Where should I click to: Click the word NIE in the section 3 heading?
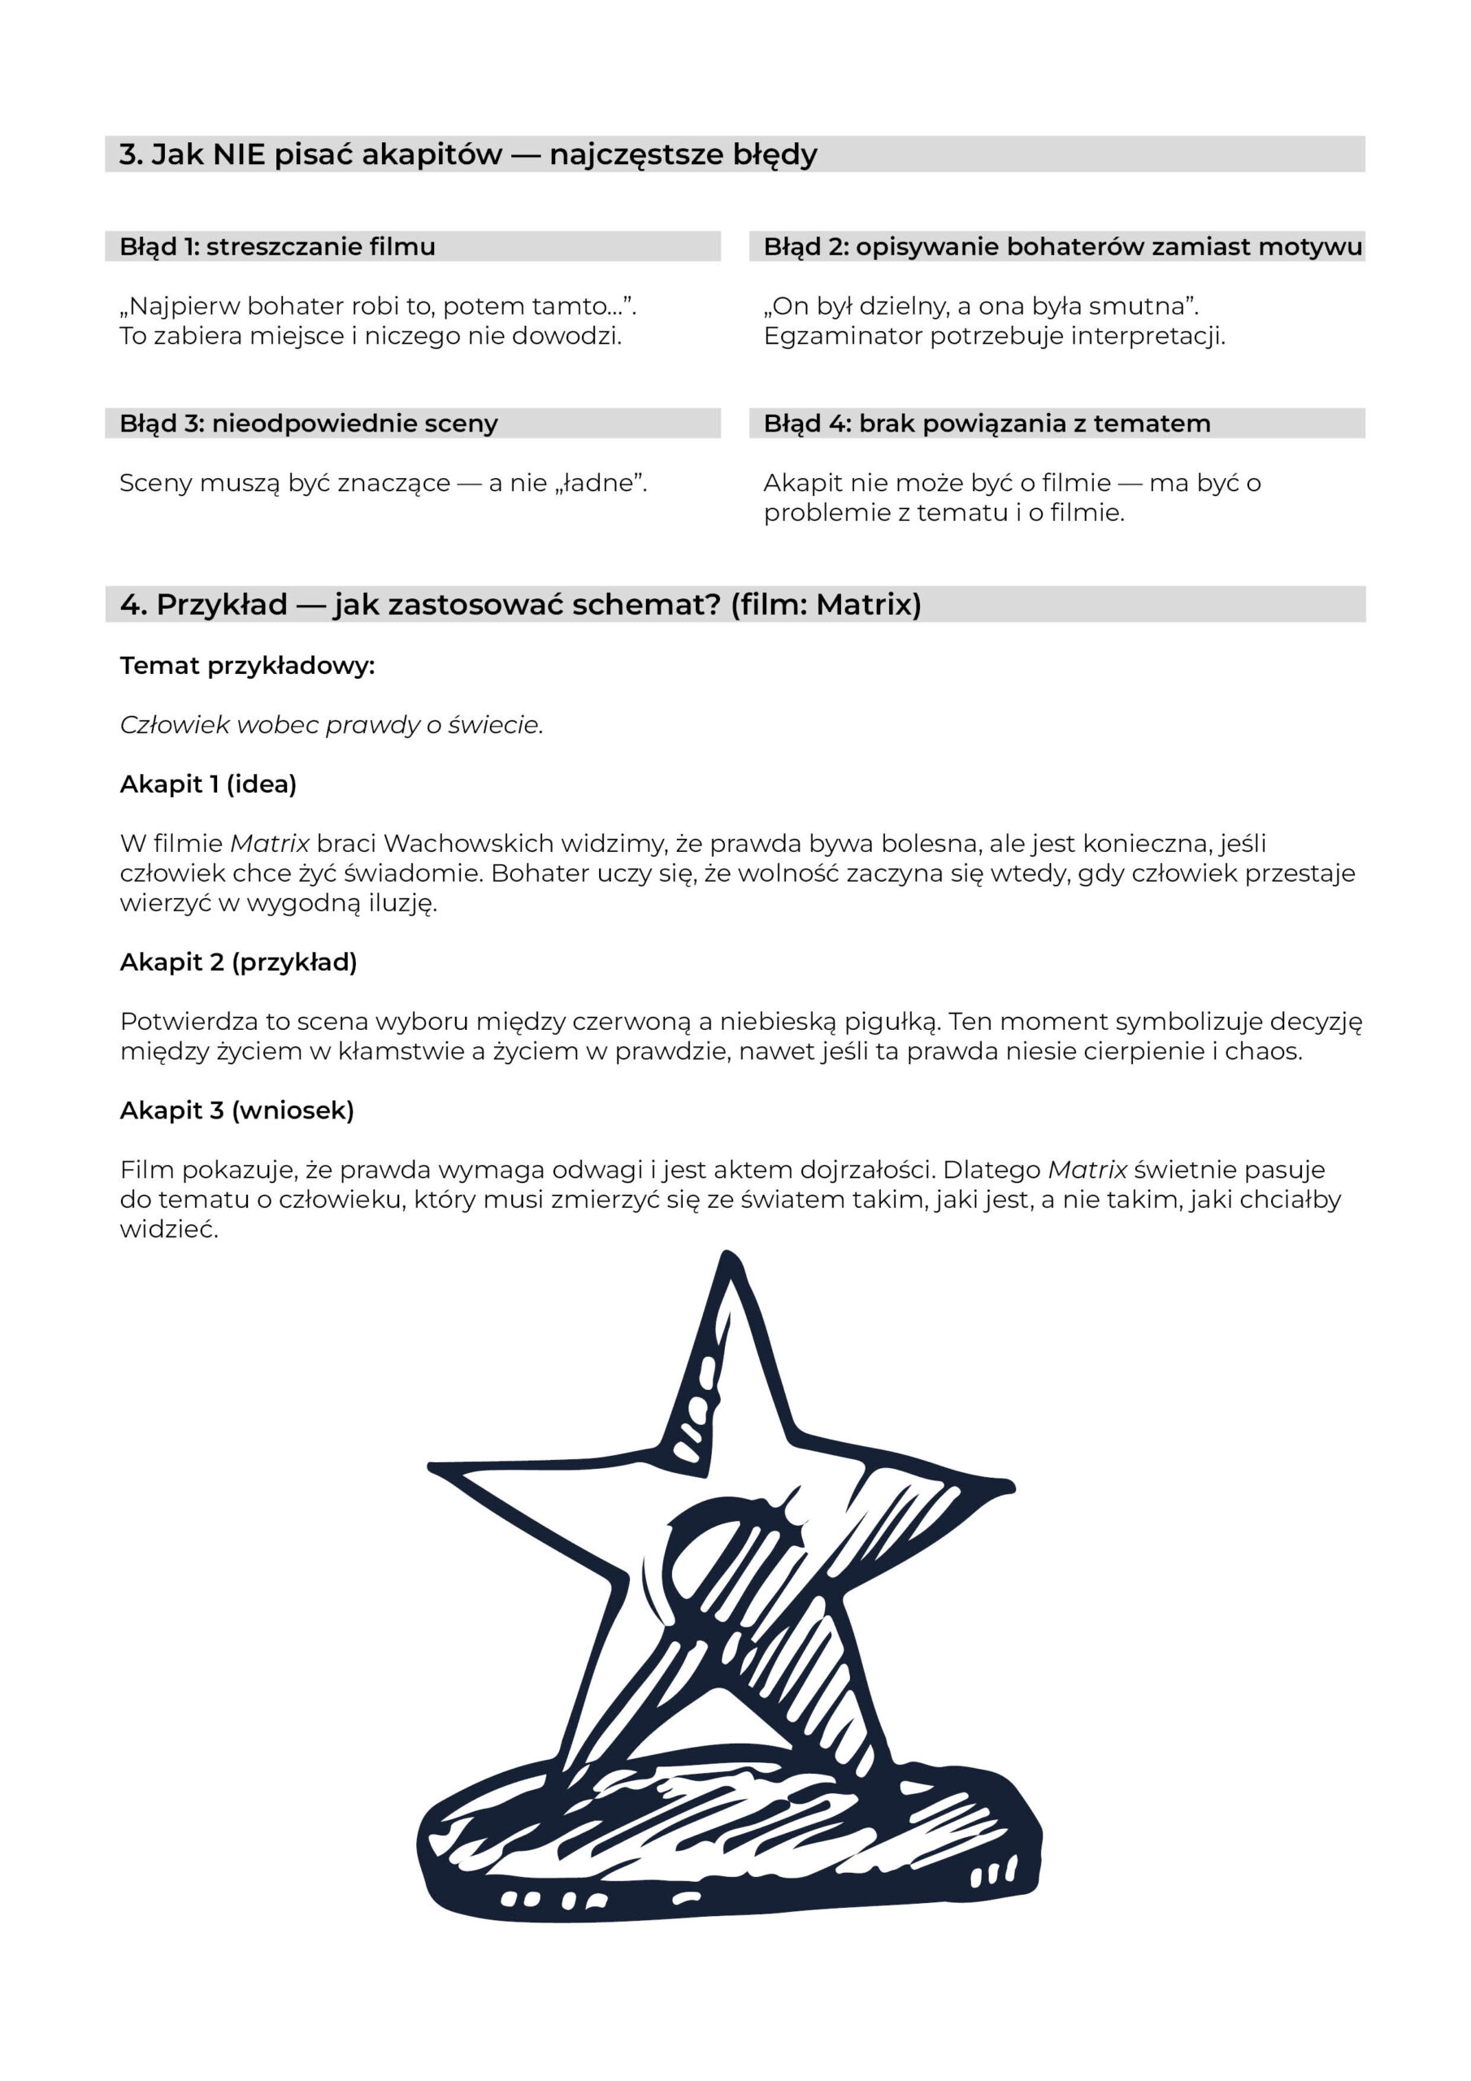(239, 155)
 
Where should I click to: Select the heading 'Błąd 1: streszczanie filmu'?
(277, 246)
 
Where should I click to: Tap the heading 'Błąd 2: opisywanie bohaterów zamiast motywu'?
(1062, 246)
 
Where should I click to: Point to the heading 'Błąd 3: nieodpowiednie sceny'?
(308, 424)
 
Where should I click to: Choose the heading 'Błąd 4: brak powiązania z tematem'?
(986, 424)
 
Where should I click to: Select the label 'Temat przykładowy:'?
(247, 667)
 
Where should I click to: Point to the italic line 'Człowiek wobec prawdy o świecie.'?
(331, 725)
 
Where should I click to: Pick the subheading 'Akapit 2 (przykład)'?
(238, 962)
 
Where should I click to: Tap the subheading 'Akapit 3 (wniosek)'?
(236, 1110)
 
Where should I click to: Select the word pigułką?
(888, 1022)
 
